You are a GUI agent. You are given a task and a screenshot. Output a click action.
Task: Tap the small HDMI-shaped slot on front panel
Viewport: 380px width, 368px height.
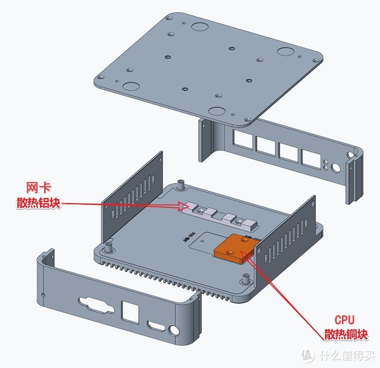click(155, 327)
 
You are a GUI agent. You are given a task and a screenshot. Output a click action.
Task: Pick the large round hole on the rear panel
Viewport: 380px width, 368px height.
click(336, 168)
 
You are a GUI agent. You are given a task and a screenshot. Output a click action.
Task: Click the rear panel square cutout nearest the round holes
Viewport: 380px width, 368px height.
click(311, 159)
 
